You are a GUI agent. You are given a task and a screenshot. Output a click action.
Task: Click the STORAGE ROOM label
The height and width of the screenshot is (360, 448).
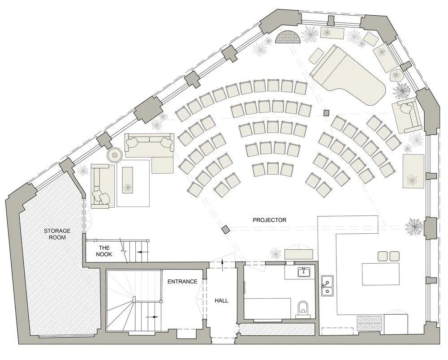[54, 234]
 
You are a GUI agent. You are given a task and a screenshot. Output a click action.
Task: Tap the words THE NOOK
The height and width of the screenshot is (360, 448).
[104, 251]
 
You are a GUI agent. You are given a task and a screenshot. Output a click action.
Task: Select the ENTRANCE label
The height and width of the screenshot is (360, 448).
[182, 282]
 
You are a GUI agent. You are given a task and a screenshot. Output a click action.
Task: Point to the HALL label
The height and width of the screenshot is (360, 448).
[221, 300]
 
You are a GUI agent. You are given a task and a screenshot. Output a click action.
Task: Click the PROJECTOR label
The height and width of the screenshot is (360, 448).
[269, 220]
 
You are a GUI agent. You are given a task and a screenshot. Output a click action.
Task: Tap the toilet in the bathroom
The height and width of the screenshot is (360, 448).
[303, 308]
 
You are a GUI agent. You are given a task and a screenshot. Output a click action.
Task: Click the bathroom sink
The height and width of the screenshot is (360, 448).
[304, 272]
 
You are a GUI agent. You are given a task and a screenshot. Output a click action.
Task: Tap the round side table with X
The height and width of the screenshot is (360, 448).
[114, 155]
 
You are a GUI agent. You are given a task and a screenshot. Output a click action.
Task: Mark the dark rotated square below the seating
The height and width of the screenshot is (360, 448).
[225, 230]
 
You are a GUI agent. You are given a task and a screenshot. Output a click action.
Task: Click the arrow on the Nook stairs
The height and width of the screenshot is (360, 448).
[143, 252]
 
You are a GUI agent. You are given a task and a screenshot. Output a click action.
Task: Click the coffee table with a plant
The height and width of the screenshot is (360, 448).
[128, 180]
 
